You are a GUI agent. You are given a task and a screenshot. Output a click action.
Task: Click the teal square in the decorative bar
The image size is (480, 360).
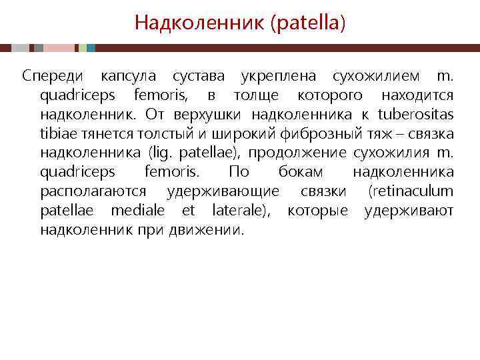(91, 48)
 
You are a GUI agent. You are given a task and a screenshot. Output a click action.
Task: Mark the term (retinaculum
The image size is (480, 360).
(411, 191)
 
